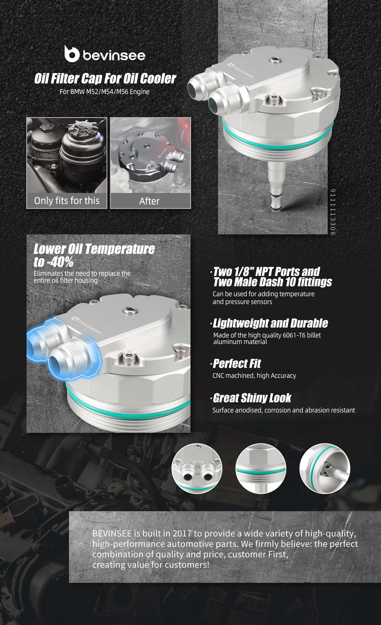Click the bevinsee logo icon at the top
(x=72, y=54)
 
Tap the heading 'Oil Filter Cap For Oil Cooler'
(x=105, y=78)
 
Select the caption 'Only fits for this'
(x=67, y=201)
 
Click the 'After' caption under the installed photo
(x=149, y=201)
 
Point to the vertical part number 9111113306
(x=333, y=212)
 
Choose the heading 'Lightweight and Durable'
(x=270, y=323)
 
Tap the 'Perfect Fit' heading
(x=237, y=364)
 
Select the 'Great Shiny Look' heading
(x=252, y=398)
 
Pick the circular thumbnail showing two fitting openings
(x=197, y=468)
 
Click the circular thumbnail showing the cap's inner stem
(x=325, y=468)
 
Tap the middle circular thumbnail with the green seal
(x=261, y=468)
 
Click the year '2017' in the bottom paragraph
(x=182, y=533)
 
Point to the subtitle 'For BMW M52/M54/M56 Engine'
(x=105, y=92)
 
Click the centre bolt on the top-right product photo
(x=275, y=60)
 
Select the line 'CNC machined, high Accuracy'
(x=254, y=376)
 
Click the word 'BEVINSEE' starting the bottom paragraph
(x=112, y=533)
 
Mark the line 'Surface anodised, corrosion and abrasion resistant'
(x=284, y=410)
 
